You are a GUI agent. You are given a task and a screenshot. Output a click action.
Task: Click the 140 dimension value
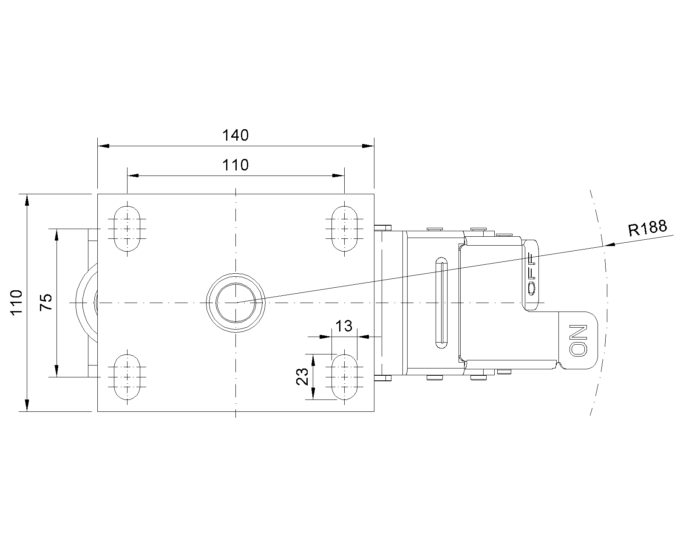point(235,135)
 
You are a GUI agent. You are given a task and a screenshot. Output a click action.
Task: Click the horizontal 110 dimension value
point(235,165)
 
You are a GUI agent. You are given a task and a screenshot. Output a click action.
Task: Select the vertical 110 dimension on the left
point(17,302)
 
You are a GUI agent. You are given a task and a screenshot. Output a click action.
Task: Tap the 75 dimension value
point(46,302)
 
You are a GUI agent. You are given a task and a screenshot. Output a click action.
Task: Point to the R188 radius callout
point(648,228)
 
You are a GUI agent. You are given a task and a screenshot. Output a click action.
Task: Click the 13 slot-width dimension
point(344,326)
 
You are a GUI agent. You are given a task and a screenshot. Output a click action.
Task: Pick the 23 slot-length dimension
point(303,377)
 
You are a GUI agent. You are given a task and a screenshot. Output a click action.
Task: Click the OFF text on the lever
point(532,274)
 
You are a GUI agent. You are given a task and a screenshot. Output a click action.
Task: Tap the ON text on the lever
point(578,340)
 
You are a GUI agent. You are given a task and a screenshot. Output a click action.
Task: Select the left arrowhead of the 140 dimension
point(103,146)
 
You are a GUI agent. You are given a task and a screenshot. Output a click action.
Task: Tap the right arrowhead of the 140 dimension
point(368,146)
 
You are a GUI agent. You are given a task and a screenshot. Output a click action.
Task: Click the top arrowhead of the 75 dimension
point(57,235)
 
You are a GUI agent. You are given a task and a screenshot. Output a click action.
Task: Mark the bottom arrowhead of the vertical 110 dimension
point(27,405)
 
